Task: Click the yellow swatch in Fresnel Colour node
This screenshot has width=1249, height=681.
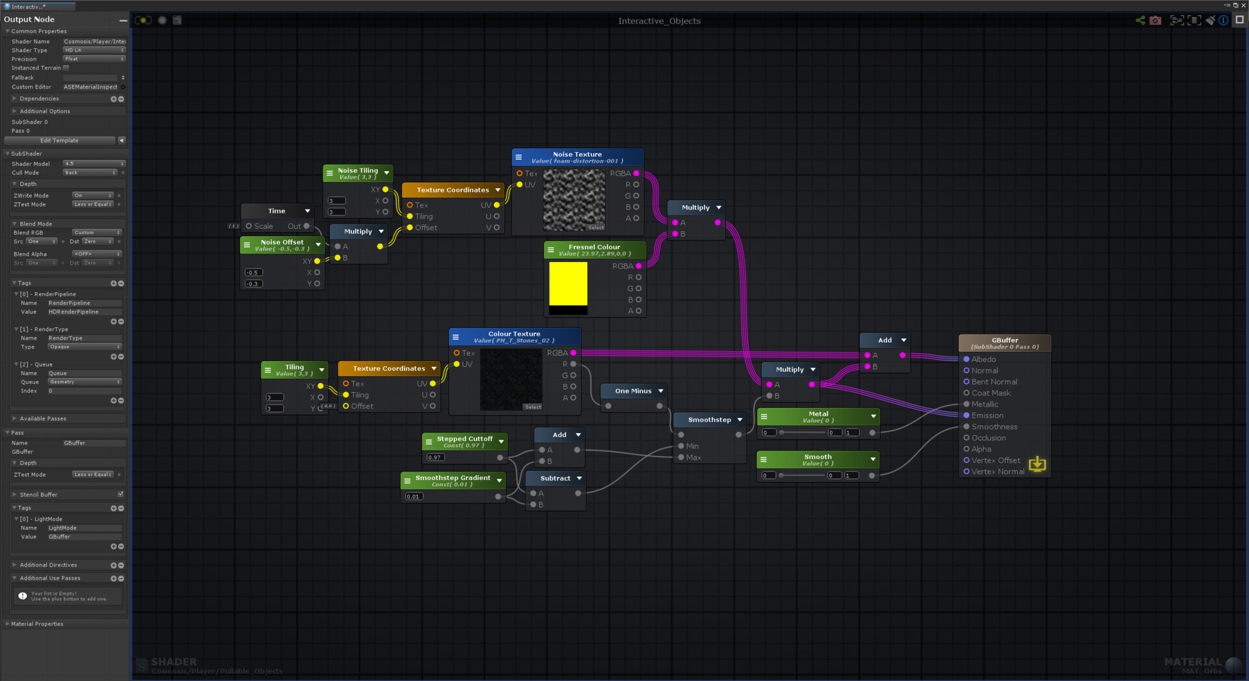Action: click(568, 283)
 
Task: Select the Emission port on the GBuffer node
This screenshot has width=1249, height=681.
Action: click(967, 416)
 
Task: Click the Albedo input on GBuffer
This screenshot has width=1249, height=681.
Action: click(967, 360)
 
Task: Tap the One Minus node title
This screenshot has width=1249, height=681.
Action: click(633, 391)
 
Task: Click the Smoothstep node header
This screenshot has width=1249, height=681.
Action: click(709, 420)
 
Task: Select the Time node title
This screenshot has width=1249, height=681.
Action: click(276, 211)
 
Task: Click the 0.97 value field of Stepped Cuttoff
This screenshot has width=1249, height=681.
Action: click(435, 457)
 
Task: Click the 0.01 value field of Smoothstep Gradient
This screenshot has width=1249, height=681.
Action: click(414, 496)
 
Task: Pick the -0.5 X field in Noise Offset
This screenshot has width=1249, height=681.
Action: click(253, 273)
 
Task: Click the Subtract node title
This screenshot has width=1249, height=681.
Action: click(555, 478)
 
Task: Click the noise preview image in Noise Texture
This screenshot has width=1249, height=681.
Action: click(574, 200)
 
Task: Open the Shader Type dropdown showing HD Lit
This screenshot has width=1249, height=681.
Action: click(94, 50)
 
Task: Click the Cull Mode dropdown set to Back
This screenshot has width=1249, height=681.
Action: click(90, 172)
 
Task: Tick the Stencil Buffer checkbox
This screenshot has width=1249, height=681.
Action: click(120, 494)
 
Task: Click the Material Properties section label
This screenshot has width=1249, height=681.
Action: click(37, 624)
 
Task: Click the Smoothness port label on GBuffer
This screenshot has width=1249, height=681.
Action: click(994, 427)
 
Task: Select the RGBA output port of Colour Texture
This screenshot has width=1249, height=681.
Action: click(573, 353)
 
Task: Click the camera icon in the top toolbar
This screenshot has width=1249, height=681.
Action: click(1155, 21)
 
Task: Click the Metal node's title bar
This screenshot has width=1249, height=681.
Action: click(818, 416)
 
